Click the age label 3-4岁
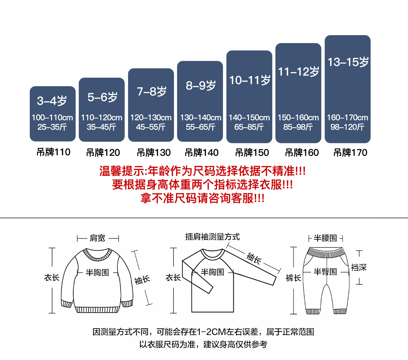(x=52, y=101)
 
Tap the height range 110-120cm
(x=101, y=118)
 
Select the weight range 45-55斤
(x=151, y=127)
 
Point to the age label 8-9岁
(x=201, y=85)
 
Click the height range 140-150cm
(x=249, y=118)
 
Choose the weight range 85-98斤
(x=298, y=127)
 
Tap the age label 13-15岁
(x=348, y=62)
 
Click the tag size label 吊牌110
(x=53, y=152)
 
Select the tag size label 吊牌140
(x=201, y=153)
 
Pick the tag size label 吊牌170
(x=350, y=153)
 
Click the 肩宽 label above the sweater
(x=97, y=238)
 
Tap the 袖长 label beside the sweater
(x=142, y=280)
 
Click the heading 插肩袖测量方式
(x=212, y=237)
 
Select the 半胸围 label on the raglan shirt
(x=212, y=272)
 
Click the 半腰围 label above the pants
(x=325, y=238)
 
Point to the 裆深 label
(x=359, y=267)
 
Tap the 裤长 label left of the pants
(x=293, y=278)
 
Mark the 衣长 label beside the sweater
(x=52, y=278)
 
